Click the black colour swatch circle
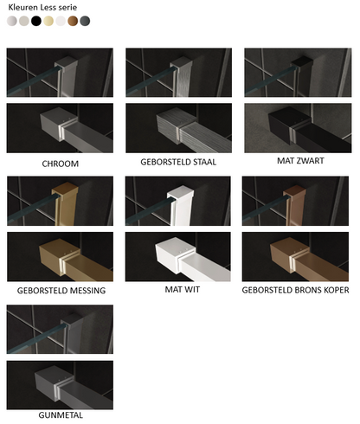[36, 21]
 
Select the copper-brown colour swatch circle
[73, 21]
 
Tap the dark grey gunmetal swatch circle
[85, 21]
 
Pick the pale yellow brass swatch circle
[48, 21]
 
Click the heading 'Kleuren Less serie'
[42, 7]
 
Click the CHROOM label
[61, 164]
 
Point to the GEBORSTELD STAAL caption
[178, 162]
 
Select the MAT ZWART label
[300, 161]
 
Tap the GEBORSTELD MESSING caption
[61, 291]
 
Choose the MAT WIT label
[183, 289]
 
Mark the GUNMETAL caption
[61, 415]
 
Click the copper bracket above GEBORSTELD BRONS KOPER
[288, 256]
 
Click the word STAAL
[204, 162]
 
